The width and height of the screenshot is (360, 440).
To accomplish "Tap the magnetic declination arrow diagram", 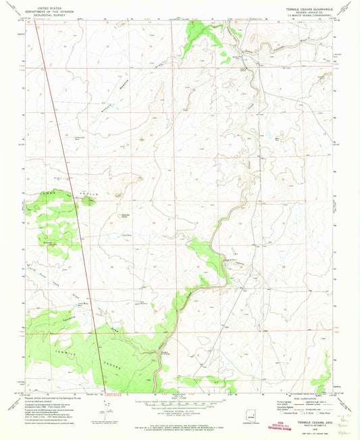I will (103, 408).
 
